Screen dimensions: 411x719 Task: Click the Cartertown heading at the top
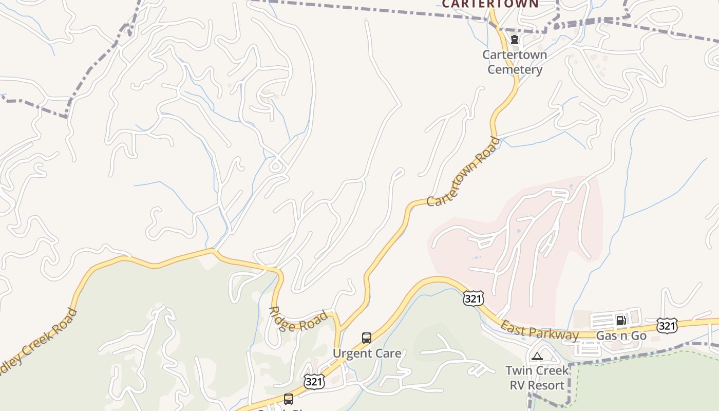tap(490, 4)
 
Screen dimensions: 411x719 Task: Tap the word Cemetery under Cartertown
tap(515, 70)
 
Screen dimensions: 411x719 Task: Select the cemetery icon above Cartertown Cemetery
tap(514, 40)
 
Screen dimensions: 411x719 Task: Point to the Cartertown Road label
tap(463, 172)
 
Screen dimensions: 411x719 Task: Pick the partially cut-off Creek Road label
tap(39, 342)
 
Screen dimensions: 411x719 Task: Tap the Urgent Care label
tap(367, 353)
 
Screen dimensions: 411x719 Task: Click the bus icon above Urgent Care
tap(367, 338)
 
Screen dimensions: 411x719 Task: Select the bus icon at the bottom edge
tap(289, 399)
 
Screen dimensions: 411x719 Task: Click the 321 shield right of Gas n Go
tap(667, 325)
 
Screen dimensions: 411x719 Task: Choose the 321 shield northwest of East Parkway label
tap(473, 298)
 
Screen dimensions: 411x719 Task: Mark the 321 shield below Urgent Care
tap(314, 381)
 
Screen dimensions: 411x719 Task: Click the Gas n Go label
tap(621, 336)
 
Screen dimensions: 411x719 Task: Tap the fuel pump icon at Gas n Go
tap(621, 321)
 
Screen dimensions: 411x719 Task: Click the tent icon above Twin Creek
tap(537, 356)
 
